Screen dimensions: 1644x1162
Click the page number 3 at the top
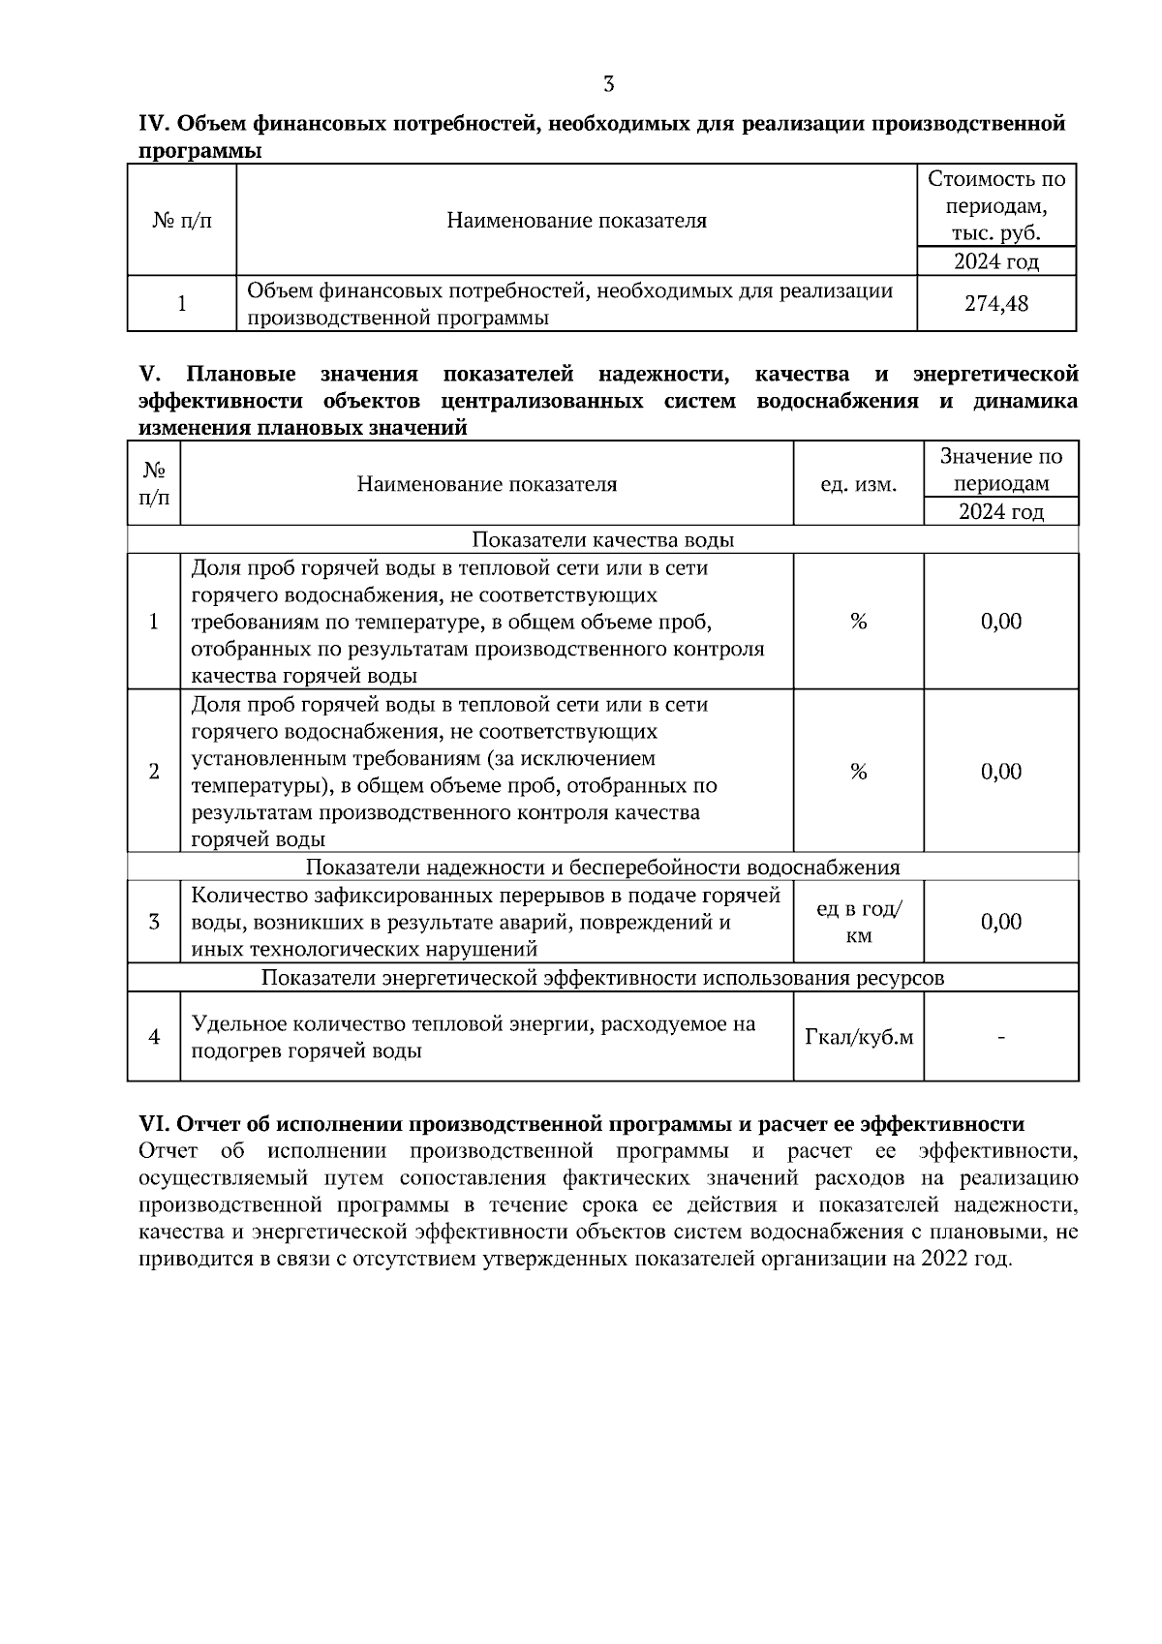[608, 84]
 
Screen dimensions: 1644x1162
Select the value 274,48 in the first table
[996, 304]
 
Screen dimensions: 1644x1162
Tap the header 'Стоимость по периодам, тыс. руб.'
[996, 206]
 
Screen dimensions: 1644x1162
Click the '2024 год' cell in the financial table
[996, 261]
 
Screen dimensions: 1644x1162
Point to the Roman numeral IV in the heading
[155, 124]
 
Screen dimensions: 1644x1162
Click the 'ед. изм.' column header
[858, 484]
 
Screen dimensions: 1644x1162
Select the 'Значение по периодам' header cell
[1001, 470]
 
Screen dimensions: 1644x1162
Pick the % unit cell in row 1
[858, 622]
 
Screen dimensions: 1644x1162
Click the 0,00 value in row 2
[1001, 772]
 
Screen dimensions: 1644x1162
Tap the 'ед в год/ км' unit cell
[858, 923]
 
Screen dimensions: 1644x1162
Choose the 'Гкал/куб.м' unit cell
[858, 1038]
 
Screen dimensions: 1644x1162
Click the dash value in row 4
[1001, 1038]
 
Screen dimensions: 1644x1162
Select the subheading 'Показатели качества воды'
[602, 540]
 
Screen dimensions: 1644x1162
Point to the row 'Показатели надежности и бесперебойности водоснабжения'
[602, 868]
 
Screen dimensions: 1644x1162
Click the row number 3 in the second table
[154, 923]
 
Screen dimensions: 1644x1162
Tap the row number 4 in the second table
[154, 1038]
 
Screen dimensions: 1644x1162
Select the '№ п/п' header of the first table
[182, 221]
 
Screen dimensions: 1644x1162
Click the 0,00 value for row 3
[1001, 923]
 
